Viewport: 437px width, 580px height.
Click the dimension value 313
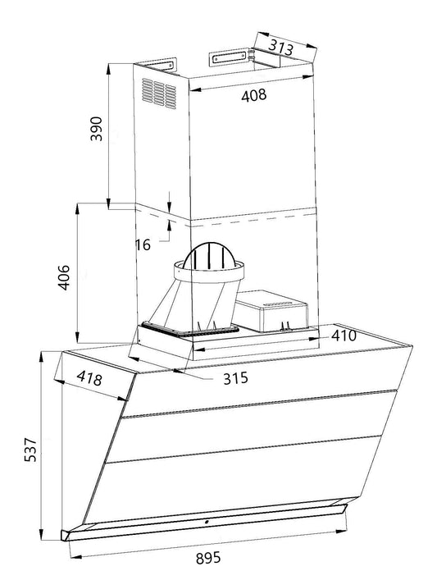[280, 48]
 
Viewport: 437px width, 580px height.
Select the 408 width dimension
[253, 96]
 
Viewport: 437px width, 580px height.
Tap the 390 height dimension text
[96, 130]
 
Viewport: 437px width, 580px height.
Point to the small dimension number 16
[143, 244]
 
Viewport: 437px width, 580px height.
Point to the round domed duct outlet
[212, 261]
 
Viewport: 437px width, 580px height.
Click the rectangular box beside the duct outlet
[269, 311]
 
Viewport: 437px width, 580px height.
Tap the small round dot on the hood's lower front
[205, 521]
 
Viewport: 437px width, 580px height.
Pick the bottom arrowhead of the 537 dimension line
[43, 537]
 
